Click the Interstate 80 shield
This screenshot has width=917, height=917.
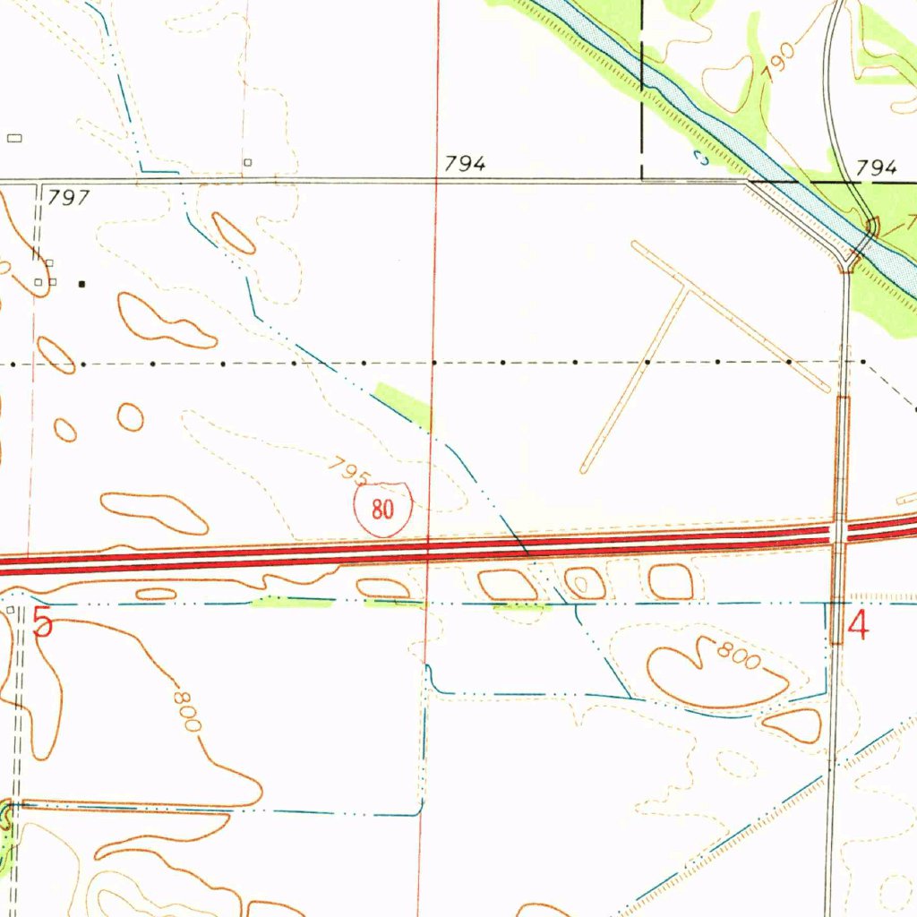[x=382, y=510]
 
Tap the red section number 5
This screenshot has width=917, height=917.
[x=42, y=622]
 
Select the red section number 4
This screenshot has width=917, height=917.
[x=857, y=625]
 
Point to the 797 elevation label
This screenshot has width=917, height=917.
[x=70, y=197]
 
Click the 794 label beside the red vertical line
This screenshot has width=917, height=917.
[x=466, y=163]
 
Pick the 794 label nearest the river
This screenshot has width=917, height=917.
[x=876, y=167]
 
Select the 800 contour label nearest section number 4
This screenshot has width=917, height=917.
[x=737, y=656]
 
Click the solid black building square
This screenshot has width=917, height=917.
[x=81, y=284]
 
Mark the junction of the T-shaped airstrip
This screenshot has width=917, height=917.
[x=687, y=288]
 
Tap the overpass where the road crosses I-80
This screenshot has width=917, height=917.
[x=840, y=532]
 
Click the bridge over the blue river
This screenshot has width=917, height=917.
[x=863, y=244]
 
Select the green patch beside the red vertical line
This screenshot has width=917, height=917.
[x=405, y=402]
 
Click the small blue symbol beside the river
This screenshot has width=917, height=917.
[x=701, y=158]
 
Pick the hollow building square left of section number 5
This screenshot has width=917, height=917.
[x=11, y=610]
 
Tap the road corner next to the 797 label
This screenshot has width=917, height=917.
[x=39, y=184]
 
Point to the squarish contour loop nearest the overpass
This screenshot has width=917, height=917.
[x=671, y=582]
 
